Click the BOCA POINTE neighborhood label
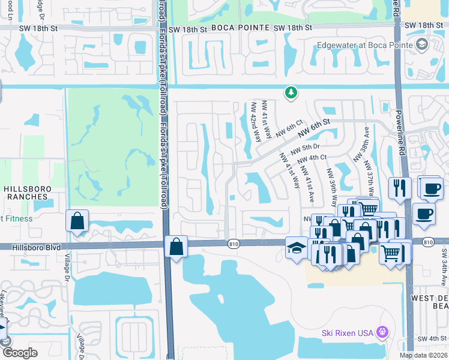pos(240,28)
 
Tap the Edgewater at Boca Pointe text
pos(365,45)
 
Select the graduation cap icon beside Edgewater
pos(422,44)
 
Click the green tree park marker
pos(291,92)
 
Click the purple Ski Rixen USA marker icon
pos(381,332)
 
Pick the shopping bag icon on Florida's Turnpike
pos(176,247)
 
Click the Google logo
pos(20,353)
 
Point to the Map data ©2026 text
pos(423,355)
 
